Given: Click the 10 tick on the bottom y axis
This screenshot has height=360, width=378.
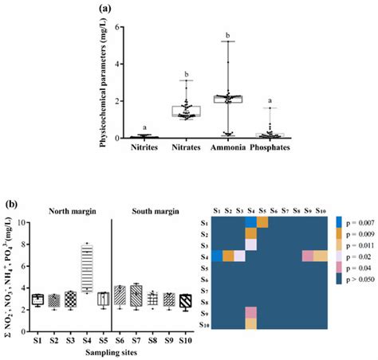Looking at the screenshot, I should (x=26, y=221).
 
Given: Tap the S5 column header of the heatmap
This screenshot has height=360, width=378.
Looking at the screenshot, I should (x=262, y=209).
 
